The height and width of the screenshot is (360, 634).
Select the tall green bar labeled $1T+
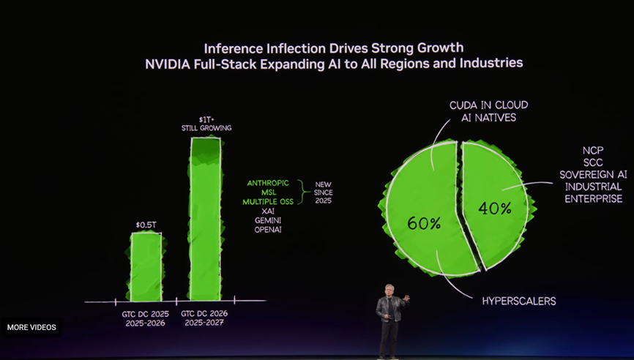(x=205, y=220)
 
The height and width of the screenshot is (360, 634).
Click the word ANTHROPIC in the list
(x=268, y=183)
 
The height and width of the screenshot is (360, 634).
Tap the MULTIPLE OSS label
(x=267, y=201)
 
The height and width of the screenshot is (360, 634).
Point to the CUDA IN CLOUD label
(x=488, y=105)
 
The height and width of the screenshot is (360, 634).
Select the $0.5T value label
(x=146, y=224)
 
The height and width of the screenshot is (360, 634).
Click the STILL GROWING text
(x=206, y=128)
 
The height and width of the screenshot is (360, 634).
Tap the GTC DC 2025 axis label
(x=145, y=314)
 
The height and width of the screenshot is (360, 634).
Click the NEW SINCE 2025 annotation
(x=324, y=192)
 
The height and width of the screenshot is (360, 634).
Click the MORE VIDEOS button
(x=31, y=327)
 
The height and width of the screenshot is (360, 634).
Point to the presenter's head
(x=389, y=289)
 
